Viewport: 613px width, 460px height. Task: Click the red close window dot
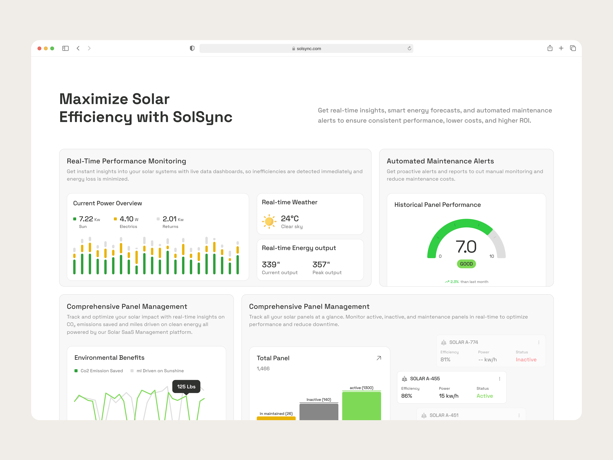click(x=39, y=49)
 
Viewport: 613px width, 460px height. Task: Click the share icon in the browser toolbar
click(x=550, y=48)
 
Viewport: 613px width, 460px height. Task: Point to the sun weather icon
click(x=269, y=221)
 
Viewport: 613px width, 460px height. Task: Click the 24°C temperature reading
click(x=290, y=218)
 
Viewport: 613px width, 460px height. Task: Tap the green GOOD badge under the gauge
click(x=466, y=264)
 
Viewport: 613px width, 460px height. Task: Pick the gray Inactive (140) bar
click(x=319, y=412)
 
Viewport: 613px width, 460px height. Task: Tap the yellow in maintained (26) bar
click(x=276, y=418)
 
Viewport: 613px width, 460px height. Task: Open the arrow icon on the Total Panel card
click(x=379, y=358)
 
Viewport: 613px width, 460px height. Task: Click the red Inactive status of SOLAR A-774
click(x=526, y=360)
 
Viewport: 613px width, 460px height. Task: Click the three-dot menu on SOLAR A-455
click(x=499, y=379)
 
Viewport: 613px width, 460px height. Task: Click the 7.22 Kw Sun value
click(x=86, y=219)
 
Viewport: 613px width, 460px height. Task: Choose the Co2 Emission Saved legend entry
click(x=101, y=371)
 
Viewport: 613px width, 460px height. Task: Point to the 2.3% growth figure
click(x=454, y=282)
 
